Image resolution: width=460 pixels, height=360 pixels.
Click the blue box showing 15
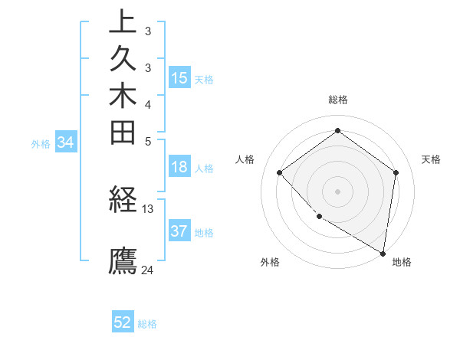[179, 78]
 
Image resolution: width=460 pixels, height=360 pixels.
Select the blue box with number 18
[179, 168]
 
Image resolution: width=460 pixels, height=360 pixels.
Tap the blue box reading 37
[179, 231]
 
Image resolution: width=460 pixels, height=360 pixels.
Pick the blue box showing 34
[66, 142]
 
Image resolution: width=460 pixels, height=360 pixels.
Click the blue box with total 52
[123, 322]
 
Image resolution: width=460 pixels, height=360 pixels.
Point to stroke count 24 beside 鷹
[148, 270]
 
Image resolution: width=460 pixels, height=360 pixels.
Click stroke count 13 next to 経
[148, 208]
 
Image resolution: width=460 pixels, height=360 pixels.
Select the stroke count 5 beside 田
[148, 141]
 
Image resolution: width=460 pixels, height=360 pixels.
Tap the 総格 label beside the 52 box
[147, 324]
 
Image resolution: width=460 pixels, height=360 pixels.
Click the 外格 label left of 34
[41, 143]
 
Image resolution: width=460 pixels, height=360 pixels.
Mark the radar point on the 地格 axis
[383, 252]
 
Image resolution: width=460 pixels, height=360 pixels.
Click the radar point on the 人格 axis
[280, 172]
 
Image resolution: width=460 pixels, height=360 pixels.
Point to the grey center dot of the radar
[337, 191]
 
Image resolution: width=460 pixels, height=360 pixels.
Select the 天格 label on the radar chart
[432, 159]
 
